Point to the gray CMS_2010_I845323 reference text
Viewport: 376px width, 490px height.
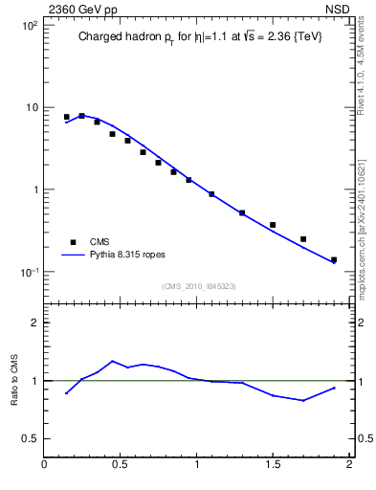click(197, 286)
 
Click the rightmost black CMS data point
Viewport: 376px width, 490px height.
click(334, 259)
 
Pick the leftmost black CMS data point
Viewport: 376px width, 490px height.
click(66, 117)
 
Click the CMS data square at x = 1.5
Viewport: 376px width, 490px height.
click(273, 225)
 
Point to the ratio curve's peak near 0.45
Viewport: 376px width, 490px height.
click(113, 361)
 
